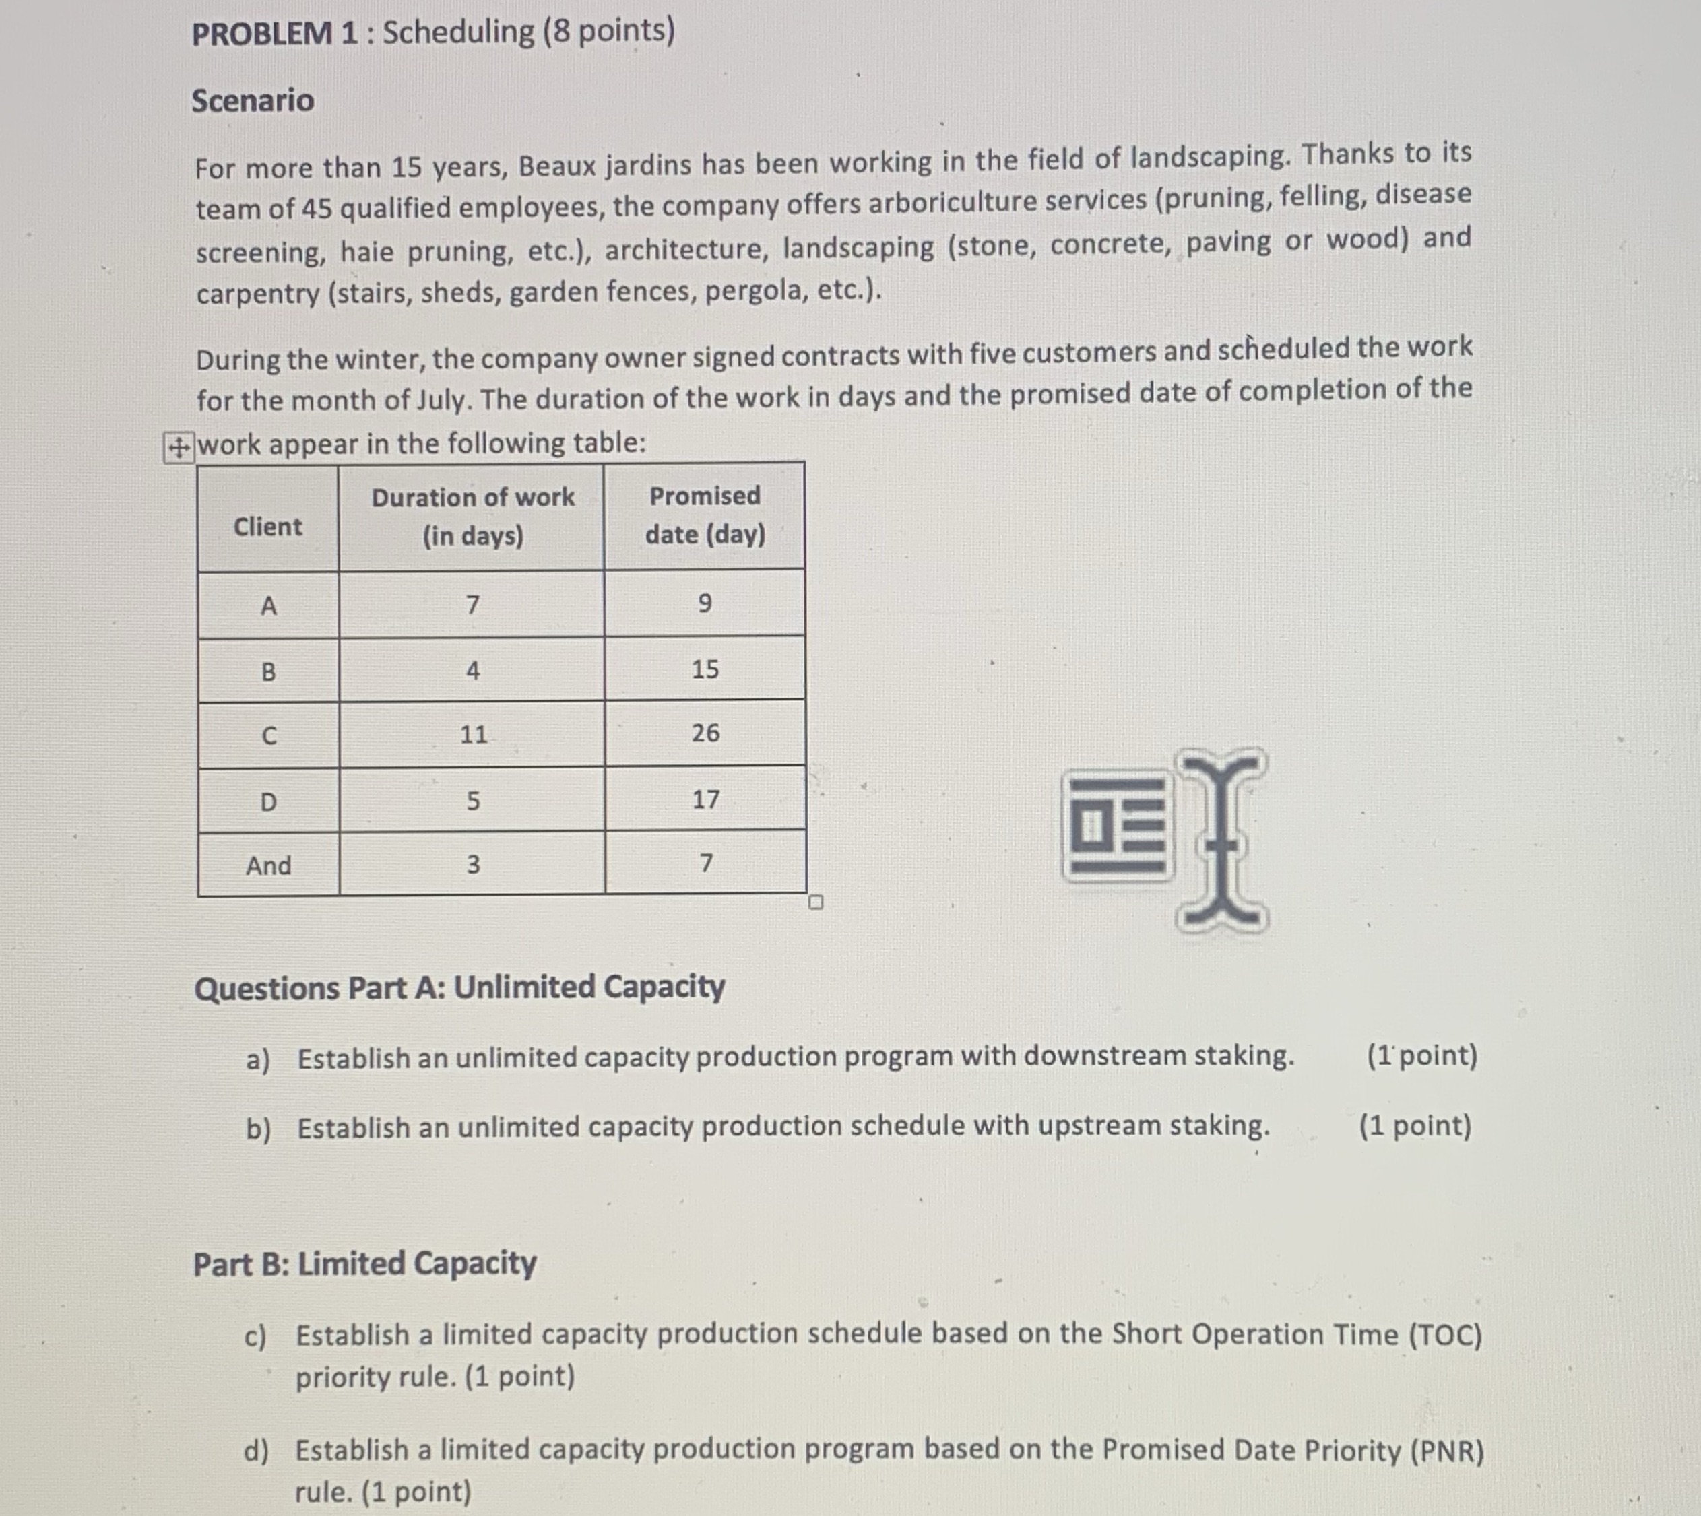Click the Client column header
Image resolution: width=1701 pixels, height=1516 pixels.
[267, 527]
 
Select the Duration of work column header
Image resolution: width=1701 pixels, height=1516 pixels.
[472, 516]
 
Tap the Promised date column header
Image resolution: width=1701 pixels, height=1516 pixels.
[705, 514]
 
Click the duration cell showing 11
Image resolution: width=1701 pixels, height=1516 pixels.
[473, 734]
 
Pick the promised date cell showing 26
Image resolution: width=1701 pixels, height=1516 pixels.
[705, 733]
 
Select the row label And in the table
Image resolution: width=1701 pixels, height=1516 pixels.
[268, 865]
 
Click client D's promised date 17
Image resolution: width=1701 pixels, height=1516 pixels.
[705, 799]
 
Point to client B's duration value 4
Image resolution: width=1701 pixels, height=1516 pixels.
[472, 669]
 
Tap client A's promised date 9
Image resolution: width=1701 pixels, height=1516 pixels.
[704, 602]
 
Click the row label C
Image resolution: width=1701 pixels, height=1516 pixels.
[268, 735]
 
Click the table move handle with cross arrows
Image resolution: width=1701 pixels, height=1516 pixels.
[177, 448]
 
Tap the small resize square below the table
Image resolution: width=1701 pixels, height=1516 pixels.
[816, 902]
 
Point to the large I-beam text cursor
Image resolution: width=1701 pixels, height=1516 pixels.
[1222, 840]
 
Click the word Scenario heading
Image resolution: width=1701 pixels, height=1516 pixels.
[253, 101]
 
